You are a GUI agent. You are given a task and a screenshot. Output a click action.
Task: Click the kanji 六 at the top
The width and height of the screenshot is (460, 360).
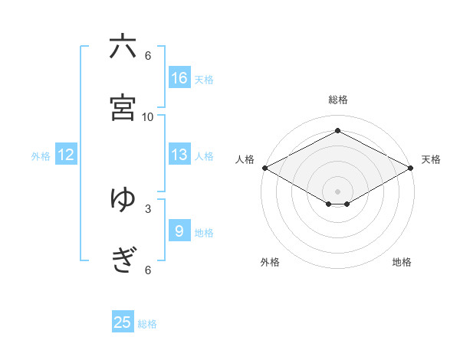coord(123,47)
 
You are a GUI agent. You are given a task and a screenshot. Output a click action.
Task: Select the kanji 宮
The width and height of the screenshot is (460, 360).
coord(123,106)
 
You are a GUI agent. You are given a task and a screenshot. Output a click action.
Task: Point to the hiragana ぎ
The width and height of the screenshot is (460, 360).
coord(123,260)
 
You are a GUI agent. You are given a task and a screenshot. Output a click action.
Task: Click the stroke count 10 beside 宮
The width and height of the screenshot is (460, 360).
coord(148,116)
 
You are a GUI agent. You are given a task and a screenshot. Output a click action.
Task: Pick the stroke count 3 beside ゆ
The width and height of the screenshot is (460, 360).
coord(148,208)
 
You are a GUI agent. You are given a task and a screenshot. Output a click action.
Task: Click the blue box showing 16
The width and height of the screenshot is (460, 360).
coord(179,78)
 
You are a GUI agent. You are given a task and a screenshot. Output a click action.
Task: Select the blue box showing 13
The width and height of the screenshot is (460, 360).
coord(179,155)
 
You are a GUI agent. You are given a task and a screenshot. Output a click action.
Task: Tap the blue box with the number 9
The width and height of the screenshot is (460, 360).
coord(179,231)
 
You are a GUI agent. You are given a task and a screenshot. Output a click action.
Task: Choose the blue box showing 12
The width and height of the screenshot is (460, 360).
coord(66,155)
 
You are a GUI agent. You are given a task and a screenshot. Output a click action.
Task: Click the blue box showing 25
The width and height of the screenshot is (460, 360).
coord(123,322)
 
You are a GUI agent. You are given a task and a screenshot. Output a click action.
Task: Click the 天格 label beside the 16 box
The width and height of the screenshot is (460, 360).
coord(204,80)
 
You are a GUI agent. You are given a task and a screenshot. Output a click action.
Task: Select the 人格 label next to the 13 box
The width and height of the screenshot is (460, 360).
coord(204,156)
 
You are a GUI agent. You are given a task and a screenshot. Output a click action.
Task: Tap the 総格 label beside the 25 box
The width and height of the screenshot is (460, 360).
coord(147,324)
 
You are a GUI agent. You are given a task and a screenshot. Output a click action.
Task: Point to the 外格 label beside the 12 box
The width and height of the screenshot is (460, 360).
coord(41,156)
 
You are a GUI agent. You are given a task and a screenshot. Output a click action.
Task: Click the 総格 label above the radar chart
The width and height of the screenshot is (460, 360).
coord(338,100)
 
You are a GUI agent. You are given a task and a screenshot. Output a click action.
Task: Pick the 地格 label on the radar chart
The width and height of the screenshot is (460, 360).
coord(402,263)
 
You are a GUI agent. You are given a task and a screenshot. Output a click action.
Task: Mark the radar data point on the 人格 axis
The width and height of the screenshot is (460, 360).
coord(264,168)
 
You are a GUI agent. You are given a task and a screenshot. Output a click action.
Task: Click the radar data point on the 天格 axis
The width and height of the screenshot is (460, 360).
coord(412,168)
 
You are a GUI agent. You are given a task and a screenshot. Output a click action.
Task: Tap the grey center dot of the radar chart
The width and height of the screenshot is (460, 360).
coord(338,191)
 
